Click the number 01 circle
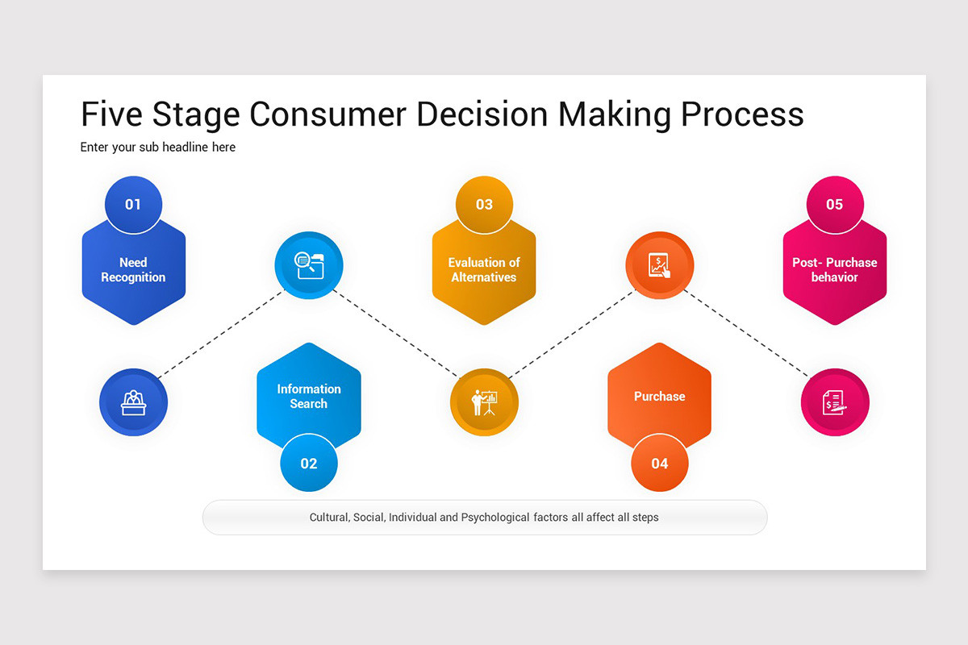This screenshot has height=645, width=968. (133, 205)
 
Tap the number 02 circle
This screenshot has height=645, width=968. (309, 464)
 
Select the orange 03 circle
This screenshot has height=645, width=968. (484, 205)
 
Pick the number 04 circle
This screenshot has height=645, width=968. (660, 464)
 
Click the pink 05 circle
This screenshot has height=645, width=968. (835, 205)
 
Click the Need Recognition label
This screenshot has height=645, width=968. (133, 270)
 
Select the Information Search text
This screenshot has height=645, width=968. (309, 397)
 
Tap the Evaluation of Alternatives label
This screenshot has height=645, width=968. (484, 270)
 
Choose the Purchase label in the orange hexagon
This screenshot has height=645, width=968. (660, 397)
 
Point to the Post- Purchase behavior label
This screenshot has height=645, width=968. (835, 270)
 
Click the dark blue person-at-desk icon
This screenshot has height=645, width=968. (133, 402)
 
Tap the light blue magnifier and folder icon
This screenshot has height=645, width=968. (309, 265)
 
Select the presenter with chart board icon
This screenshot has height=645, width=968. (484, 402)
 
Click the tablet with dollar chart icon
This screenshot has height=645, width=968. (660, 265)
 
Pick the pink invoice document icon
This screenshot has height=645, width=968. (835, 402)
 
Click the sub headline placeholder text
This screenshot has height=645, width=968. (158, 148)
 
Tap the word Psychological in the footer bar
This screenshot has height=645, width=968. (495, 518)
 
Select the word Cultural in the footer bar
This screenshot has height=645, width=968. (329, 518)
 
